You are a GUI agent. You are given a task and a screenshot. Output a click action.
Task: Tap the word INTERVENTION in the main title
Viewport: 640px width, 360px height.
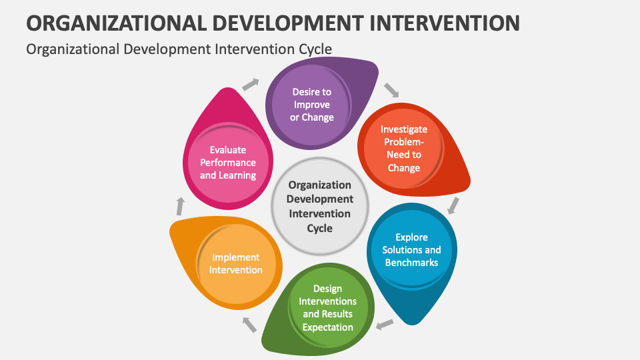coord(437,22)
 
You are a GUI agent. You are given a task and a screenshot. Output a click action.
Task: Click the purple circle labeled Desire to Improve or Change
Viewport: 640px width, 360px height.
coord(311,105)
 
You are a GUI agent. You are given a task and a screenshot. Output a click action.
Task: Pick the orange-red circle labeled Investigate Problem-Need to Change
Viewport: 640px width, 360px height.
coord(403,148)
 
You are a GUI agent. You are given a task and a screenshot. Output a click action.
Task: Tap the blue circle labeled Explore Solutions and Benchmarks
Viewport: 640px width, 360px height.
coord(411,249)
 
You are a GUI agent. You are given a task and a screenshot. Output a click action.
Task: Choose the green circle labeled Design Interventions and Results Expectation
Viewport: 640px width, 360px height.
coord(327,307)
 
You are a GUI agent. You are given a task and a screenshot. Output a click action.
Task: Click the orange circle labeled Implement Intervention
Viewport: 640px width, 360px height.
coord(235,263)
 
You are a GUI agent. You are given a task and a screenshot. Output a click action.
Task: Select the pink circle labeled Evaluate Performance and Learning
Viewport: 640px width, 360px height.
coord(228,162)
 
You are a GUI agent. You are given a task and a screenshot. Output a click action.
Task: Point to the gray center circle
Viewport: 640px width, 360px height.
coord(320,206)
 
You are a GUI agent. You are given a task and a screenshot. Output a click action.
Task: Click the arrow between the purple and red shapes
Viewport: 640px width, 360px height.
coord(391,90)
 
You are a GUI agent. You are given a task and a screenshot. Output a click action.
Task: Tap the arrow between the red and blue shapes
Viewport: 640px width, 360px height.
coord(453,205)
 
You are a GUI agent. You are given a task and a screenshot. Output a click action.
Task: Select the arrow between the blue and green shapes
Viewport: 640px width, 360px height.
coord(384,325)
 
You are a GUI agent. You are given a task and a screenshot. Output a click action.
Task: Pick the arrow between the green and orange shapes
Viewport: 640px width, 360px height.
coord(249,325)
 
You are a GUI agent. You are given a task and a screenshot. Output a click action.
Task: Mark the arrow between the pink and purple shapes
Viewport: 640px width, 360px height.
coord(250,83)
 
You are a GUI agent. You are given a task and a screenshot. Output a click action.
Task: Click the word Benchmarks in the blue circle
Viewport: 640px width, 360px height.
coord(411,262)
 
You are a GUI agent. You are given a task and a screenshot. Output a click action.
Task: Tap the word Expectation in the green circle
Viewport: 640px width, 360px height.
coord(327,327)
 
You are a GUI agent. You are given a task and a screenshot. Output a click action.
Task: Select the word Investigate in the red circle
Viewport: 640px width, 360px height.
coord(404,129)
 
